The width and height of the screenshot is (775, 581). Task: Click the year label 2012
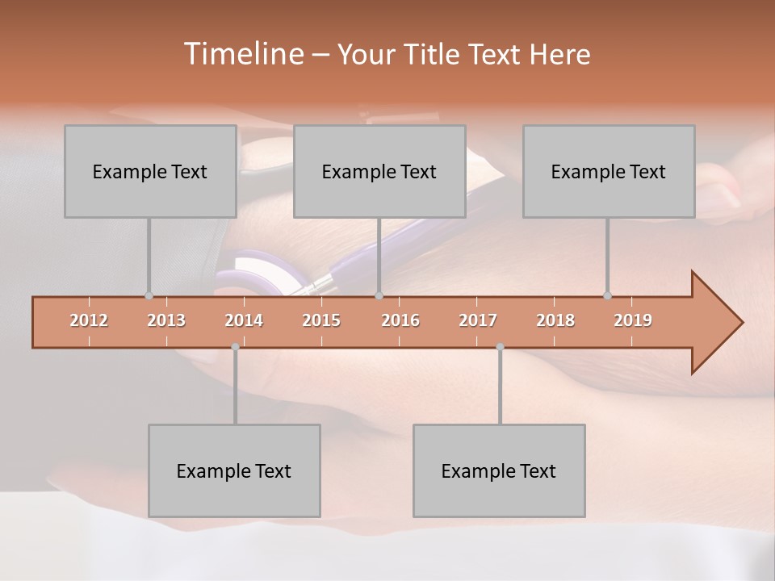89,320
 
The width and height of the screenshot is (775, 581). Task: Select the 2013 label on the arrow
166,320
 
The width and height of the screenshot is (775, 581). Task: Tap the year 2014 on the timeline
244,320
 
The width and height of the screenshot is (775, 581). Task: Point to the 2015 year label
321,320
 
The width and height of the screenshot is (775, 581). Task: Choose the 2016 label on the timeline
400,320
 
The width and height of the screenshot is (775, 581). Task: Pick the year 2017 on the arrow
478,320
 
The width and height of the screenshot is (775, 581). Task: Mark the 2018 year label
555,320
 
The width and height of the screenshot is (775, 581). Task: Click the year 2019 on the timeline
633,320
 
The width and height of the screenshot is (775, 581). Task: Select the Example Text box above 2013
150,171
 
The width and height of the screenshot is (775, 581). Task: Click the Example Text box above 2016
379,171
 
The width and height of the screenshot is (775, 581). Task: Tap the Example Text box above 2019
609,171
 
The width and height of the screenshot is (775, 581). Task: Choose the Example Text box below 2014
234,470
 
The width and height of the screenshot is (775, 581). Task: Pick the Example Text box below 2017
499,470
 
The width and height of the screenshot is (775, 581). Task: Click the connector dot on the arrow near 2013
149,296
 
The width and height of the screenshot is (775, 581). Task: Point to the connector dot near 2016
379,296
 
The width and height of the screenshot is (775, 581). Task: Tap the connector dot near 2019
608,296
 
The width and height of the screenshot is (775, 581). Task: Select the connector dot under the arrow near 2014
235,347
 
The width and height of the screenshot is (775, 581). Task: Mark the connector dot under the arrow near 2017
500,347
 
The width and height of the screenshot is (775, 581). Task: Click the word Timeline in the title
242,54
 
